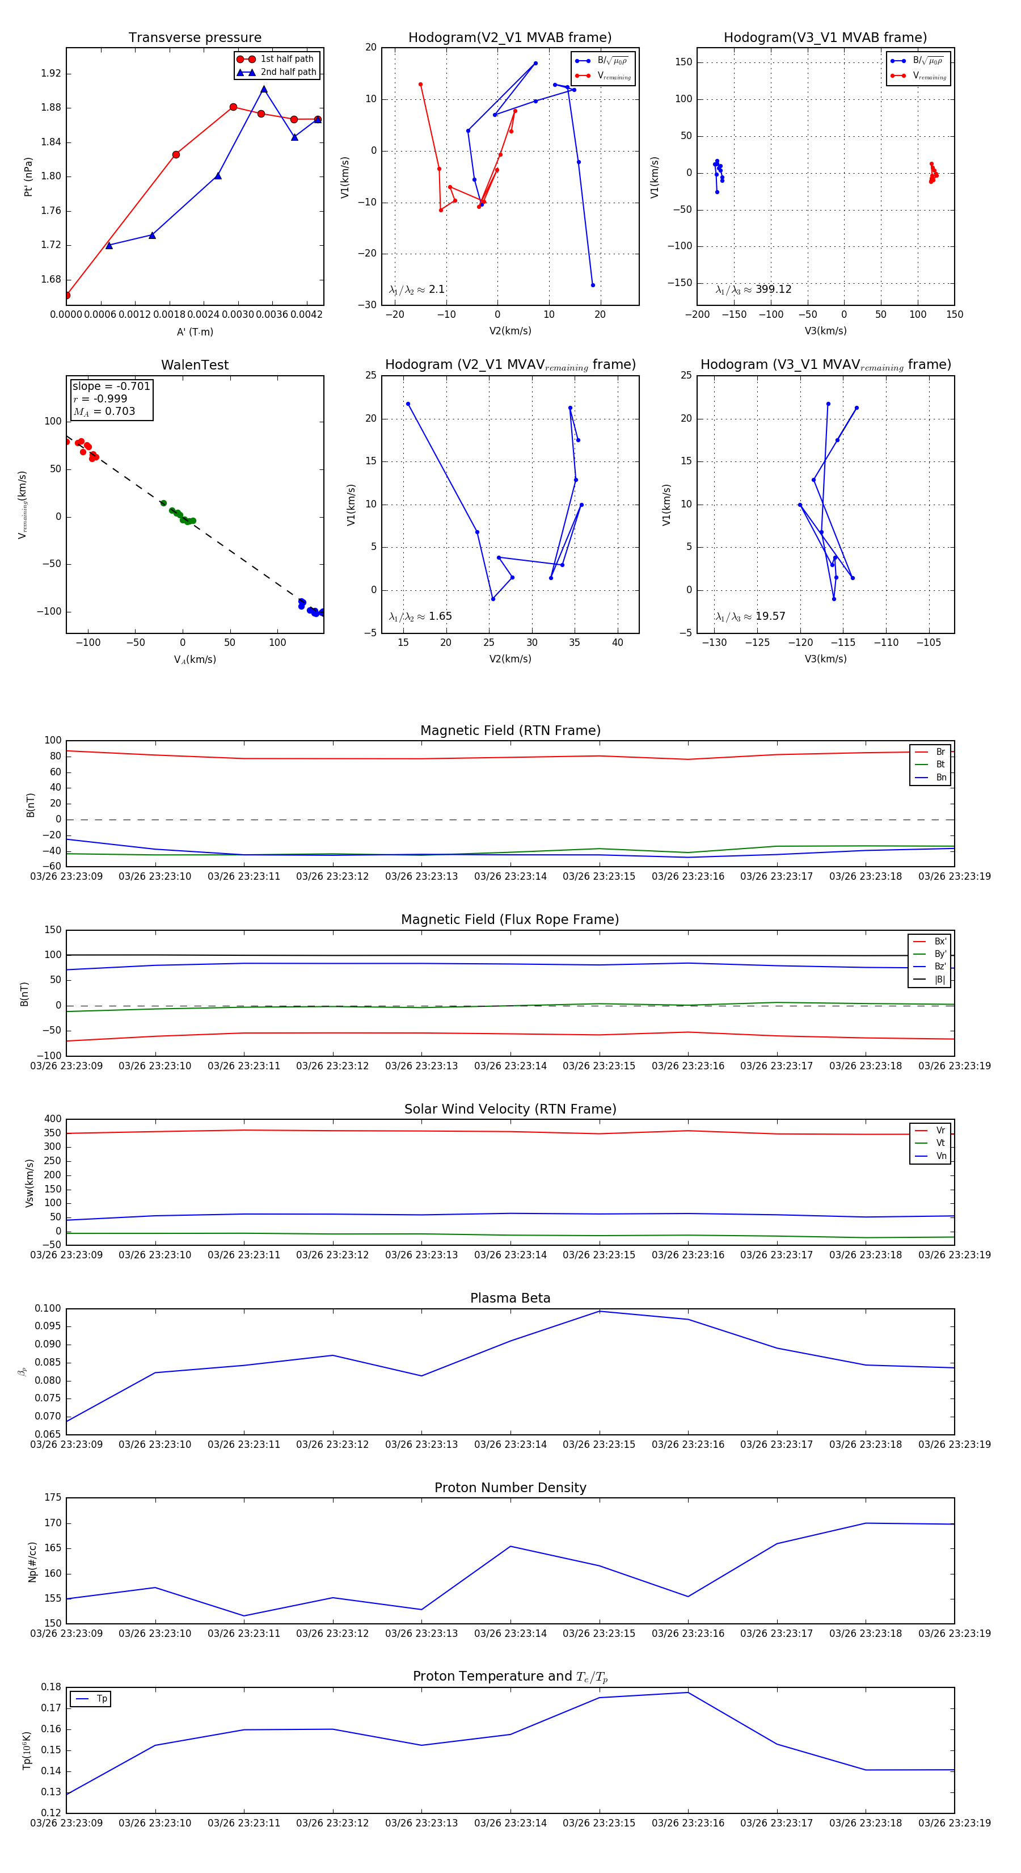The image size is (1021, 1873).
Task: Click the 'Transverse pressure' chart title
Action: click(195, 38)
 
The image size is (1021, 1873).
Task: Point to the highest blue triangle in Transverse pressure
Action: click(264, 90)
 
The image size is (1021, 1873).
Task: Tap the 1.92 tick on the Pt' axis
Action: click(51, 73)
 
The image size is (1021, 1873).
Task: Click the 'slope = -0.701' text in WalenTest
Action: click(111, 386)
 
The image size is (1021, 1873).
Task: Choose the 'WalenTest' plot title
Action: click(195, 365)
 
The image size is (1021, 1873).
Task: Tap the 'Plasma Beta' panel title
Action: click(510, 1298)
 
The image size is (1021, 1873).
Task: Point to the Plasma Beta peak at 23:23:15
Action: click(600, 1311)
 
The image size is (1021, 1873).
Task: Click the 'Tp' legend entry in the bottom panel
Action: click(102, 1699)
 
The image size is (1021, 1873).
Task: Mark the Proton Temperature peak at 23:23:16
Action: click(688, 1693)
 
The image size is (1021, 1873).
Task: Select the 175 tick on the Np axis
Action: click(52, 1498)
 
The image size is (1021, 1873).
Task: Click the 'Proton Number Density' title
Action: click(510, 1488)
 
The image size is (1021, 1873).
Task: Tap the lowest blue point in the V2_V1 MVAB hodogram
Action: click(593, 285)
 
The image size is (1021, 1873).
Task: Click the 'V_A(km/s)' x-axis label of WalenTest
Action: click(195, 660)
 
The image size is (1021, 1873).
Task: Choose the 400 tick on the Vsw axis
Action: click(52, 1119)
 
